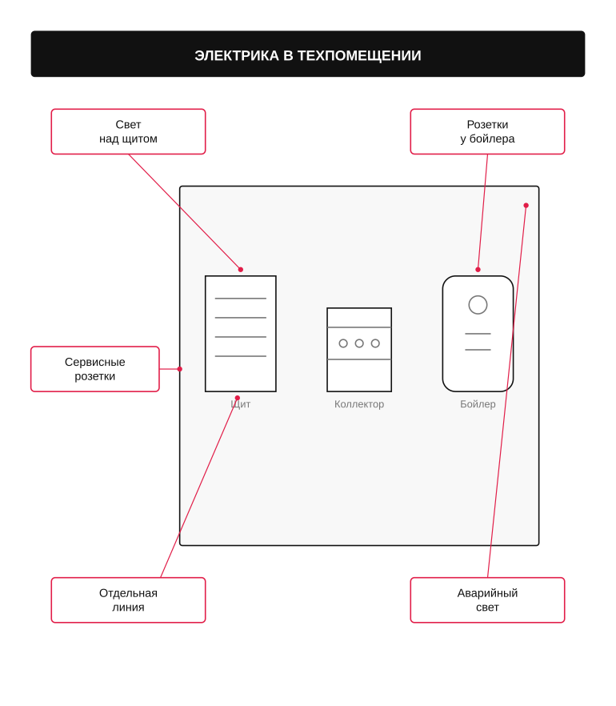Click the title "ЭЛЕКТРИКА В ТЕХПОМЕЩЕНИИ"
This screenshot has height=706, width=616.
point(308,55)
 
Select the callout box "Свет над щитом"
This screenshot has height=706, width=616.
point(128,131)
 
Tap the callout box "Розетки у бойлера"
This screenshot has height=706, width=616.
point(487,131)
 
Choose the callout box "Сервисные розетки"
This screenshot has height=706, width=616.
point(95,369)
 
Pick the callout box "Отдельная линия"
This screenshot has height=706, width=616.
point(128,600)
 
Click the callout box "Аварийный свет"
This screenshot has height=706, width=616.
point(487,600)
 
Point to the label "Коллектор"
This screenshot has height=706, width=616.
point(359,404)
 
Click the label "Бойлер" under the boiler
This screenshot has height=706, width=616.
point(478,404)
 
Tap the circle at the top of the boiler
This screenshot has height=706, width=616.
point(478,305)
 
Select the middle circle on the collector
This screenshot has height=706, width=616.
point(359,343)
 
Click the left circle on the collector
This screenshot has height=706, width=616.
point(343,343)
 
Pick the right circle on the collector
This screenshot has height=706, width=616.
point(375,343)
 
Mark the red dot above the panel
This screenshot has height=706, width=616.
point(241,270)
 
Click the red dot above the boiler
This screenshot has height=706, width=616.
point(478,270)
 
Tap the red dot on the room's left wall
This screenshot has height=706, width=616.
point(179,369)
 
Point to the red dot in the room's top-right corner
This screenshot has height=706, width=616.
point(526,205)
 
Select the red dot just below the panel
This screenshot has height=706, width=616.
point(238,398)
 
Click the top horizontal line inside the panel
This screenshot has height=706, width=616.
point(241,299)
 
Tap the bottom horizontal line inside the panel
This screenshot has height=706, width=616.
point(241,356)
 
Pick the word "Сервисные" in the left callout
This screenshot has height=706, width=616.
point(95,362)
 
